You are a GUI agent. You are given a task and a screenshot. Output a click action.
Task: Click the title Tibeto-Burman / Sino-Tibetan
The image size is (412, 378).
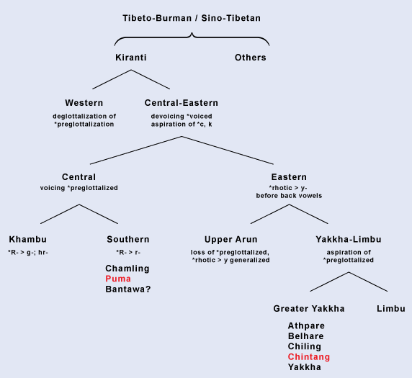(192, 18)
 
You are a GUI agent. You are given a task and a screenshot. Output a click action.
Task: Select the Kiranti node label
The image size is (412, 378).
(131, 58)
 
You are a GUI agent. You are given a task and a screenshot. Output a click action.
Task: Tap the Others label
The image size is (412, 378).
(251, 58)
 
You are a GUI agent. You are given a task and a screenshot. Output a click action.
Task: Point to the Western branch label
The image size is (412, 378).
(84, 103)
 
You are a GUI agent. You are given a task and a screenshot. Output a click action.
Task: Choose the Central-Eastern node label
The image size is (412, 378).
(182, 103)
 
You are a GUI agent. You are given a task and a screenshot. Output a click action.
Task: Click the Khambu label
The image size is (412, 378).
(28, 239)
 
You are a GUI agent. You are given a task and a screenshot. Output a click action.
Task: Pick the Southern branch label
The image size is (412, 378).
(128, 239)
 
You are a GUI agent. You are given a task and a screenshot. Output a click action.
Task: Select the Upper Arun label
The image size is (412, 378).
(231, 239)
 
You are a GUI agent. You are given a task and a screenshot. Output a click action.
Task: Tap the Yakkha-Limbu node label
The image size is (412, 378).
(349, 239)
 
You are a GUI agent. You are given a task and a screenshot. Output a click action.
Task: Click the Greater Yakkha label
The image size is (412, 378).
(309, 308)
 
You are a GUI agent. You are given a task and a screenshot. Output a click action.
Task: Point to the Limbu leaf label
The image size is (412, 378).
(391, 308)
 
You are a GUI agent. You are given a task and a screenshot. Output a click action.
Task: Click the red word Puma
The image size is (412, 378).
(118, 279)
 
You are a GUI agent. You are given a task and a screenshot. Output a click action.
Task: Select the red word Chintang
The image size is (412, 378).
(309, 356)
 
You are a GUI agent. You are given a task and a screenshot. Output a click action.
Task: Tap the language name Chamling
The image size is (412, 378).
(127, 269)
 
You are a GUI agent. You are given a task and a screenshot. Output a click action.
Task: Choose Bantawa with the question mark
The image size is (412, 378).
(128, 289)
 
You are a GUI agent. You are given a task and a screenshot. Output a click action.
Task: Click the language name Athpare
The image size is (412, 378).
(306, 325)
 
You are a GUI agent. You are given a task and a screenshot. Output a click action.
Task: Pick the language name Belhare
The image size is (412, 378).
(306, 336)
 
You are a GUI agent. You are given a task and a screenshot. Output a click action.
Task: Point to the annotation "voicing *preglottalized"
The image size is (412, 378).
(79, 188)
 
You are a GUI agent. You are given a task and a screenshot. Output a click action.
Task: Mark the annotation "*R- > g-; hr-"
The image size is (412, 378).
(28, 253)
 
